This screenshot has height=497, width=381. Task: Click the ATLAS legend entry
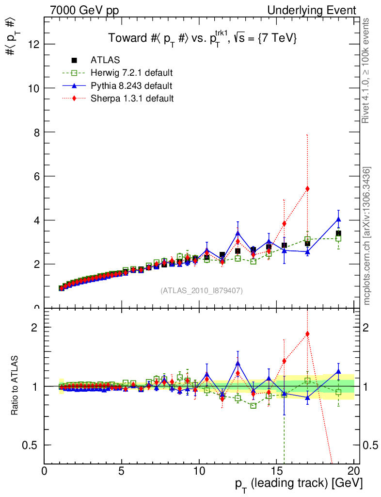(x=105, y=60)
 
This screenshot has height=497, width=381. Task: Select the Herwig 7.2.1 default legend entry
(x=131, y=73)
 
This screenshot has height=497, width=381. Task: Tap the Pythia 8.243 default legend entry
(x=131, y=86)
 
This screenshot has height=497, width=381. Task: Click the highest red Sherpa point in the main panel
(x=307, y=189)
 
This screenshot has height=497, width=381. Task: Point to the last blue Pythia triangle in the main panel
(x=338, y=219)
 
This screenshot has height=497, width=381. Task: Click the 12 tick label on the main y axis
(x=33, y=44)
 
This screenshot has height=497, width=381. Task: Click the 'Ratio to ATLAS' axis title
(x=15, y=386)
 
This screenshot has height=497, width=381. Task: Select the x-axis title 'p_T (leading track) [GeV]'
(x=299, y=484)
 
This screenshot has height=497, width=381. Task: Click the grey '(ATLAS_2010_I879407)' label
(x=202, y=291)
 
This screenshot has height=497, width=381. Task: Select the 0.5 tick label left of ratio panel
(x=32, y=445)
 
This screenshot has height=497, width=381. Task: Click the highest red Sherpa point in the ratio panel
(x=307, y=334)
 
